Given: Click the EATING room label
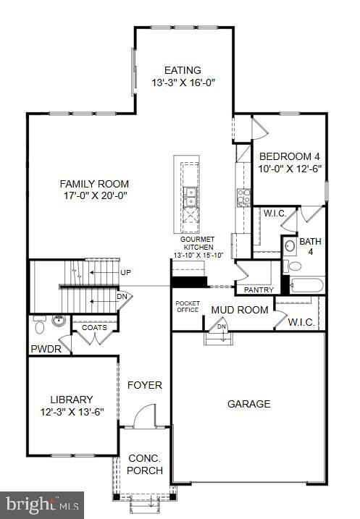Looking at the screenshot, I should click(183, 70).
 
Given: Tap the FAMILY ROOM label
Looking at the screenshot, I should click(91, 184).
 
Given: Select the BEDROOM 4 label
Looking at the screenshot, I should click(290, 156).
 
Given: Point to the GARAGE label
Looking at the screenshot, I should click(248, 404).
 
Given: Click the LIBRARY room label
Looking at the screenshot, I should click(71, 399).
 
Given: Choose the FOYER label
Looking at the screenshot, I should click(145, 385).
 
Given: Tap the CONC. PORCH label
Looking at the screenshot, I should click(145, 464).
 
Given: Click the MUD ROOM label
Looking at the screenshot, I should click(240, 310).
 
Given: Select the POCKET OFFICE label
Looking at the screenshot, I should click(188, 306).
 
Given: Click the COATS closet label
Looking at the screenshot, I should click(94, 327).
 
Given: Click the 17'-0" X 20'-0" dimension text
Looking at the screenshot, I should click(91, 195).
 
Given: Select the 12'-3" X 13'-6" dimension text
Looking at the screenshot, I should click(71, 412).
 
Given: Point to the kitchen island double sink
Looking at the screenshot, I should click(191, 195).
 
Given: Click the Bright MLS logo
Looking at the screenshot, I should click(42, 504).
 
